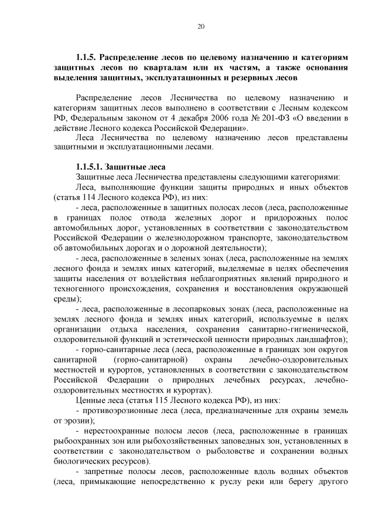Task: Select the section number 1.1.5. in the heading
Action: pos(87,58)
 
